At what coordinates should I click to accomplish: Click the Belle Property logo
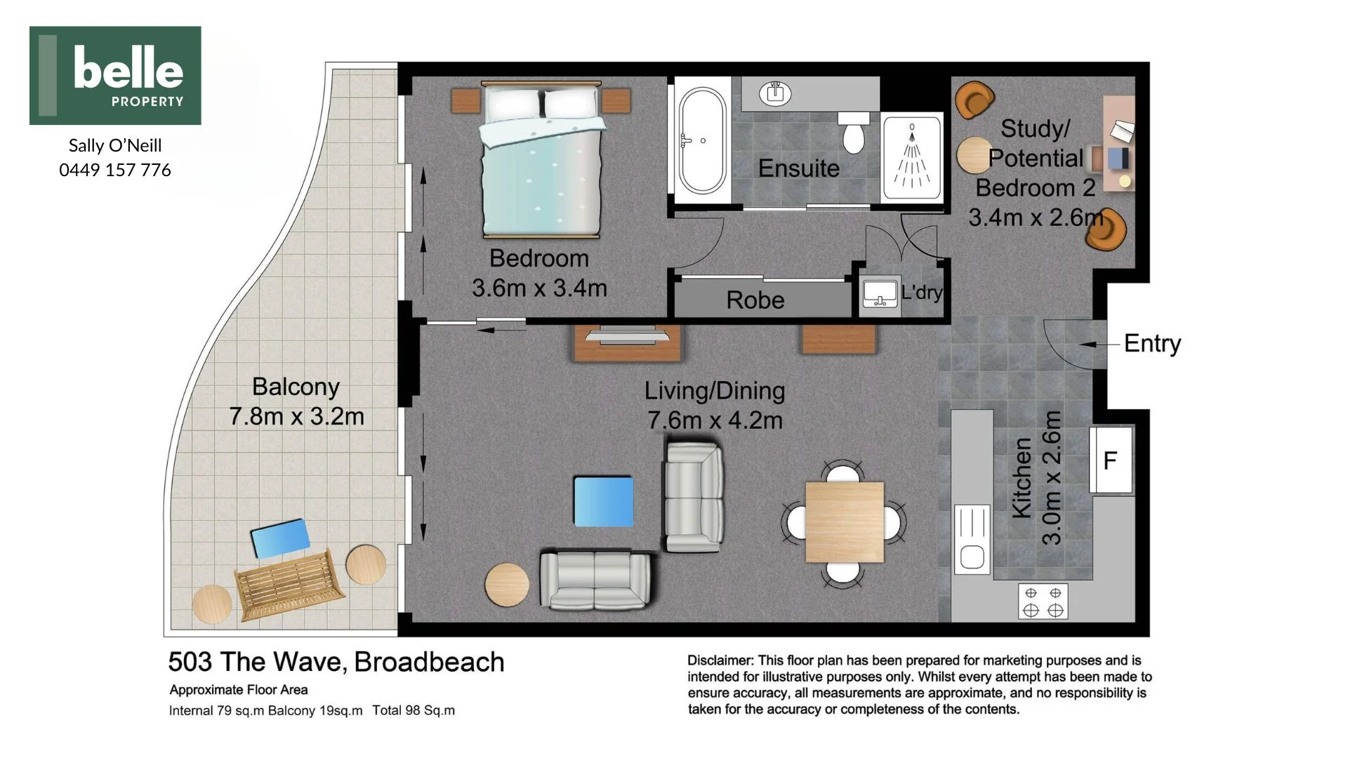pyautogui.click(x=115, y=76)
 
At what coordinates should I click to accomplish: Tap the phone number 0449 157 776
pyautogui.click(x=115, y=170)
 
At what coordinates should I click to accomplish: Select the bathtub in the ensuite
pyautogui.click(x=702, y=140)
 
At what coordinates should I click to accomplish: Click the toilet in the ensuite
pyautogui.click(x=853, y=132)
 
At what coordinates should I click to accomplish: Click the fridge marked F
pyautogui.click(x=1111, y=460)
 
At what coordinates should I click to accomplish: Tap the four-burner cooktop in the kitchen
pyautogui.click(x=1043, y=601)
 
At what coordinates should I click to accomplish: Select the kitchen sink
pyautogui.click(x=972, y=539)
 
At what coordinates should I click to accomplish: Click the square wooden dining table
pyautogui.click(x=844, y=521)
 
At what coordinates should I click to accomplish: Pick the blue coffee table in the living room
pyautogui.click(x=604, y=501)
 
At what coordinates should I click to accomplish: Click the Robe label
pyautogui.click(x=755, y=300)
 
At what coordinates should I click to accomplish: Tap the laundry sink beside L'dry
pyautogui.click(x=880, y=295)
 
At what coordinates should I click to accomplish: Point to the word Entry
pyautogui.click(x=1152, y=343)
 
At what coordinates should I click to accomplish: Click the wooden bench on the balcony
pyautogui.click(x=289, y=584)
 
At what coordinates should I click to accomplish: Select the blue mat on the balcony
pyautogui.click(x=280, y=538)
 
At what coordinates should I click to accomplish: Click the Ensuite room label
pyautogui.click(x=799, y=168)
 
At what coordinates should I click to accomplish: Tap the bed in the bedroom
pyautogui.click(x=541, y=159)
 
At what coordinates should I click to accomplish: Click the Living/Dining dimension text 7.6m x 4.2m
pyautogui.click(x=715, y=420)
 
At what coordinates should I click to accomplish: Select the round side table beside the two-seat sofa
pyautogui.click(x=507, y=585)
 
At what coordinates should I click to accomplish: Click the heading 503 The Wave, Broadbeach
pyautogui.click(x=336, y=663)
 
